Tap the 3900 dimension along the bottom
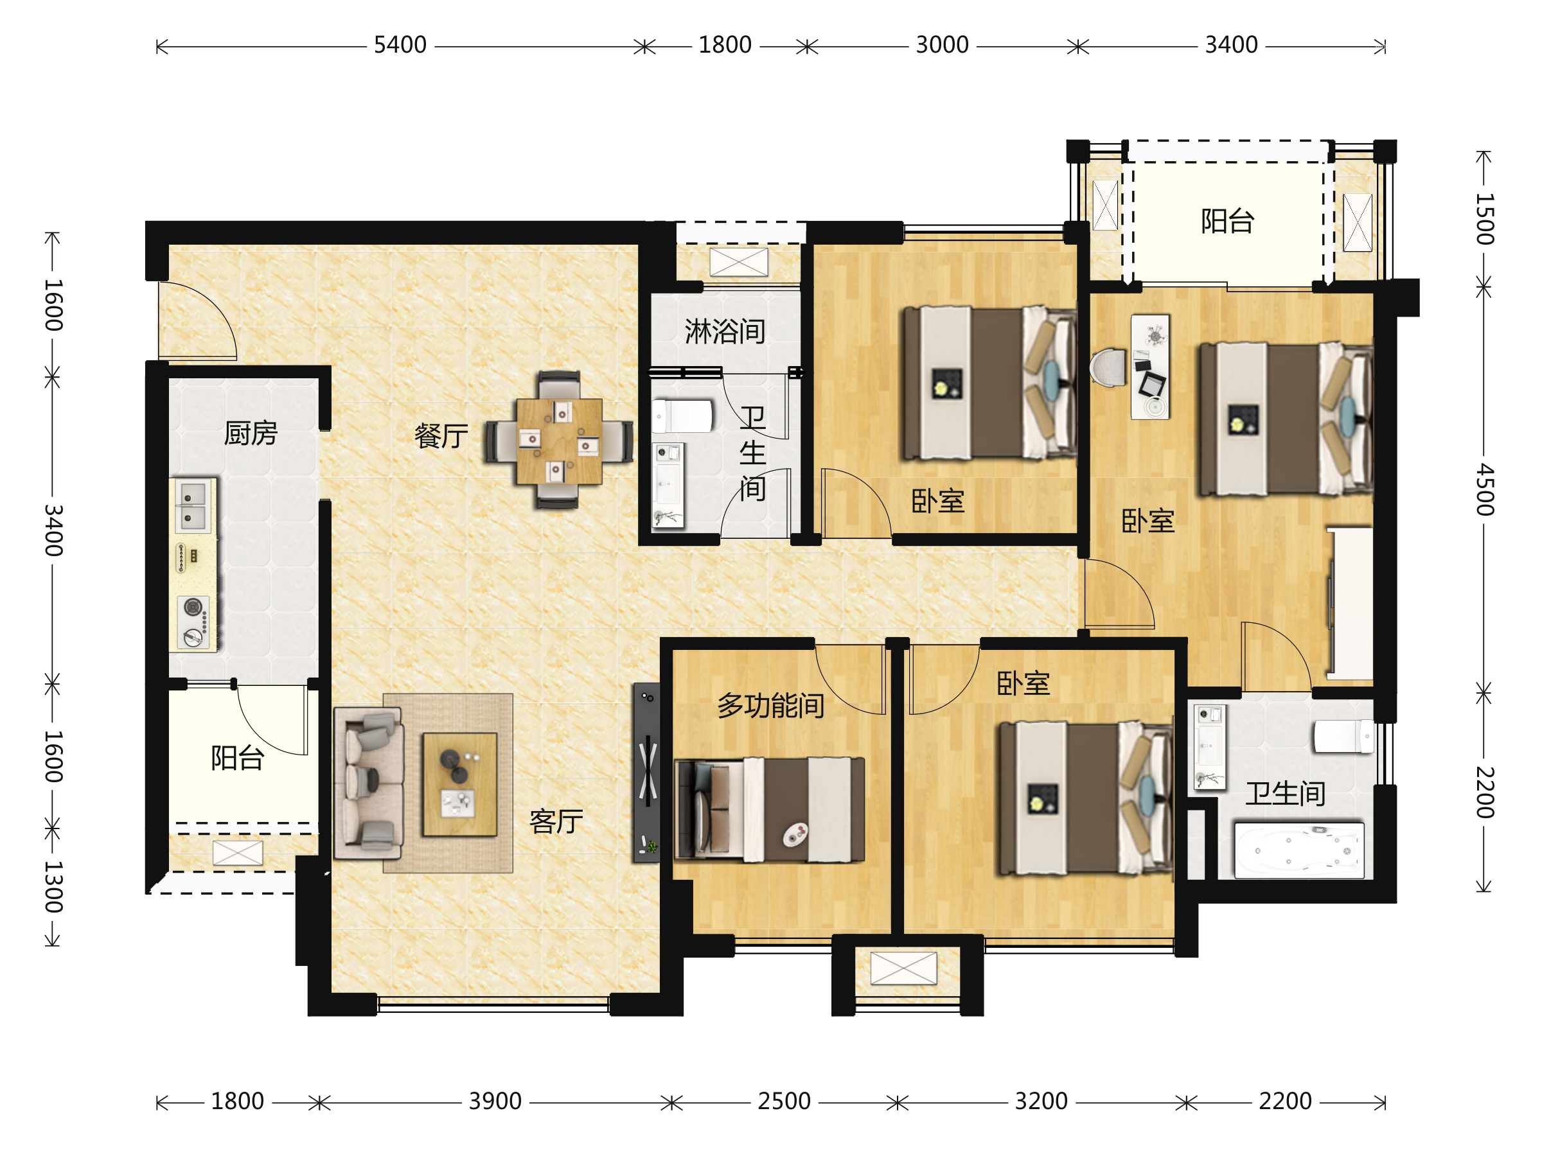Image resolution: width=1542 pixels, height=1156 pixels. (x=494, y=1101)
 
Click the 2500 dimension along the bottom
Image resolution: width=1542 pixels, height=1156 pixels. (x=784, y=1101)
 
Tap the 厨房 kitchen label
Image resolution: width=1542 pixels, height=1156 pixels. (x=251, y=433)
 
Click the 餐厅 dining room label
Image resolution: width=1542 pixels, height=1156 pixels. (x=441, y=436)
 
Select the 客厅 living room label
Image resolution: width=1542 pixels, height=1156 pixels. (x=556, y=821)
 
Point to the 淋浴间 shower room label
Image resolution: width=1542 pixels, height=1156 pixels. (x=725, y=331)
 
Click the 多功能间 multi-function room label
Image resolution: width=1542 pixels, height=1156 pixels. (x=770, y=706)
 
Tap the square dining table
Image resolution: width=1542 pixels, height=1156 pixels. (x=559, y=441)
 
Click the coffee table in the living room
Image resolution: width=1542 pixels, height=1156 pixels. (x=459, y=784)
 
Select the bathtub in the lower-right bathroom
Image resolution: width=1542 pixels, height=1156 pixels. (x=1298, y=850)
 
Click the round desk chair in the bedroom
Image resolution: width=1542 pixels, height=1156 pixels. (x=1108, y=367)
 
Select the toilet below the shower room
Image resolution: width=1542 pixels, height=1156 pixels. (x=682, y=416)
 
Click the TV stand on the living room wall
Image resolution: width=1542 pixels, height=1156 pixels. (x=646, y=773)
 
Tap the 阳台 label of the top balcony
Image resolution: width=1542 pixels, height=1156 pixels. (x=1228, y=221)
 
